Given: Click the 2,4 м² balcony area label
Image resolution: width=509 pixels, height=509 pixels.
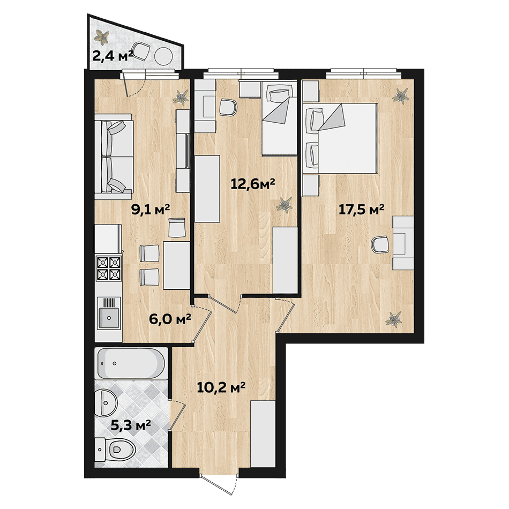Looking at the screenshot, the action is pos(113,56).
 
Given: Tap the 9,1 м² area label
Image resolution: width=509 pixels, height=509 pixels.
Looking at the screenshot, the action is pos(151,209).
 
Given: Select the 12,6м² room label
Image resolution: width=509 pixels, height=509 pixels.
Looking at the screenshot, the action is pos(253,184).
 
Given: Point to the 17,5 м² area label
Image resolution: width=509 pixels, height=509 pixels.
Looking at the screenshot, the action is pos(361,209).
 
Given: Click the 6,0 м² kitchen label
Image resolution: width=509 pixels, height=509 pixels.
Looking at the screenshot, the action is pos(169,319).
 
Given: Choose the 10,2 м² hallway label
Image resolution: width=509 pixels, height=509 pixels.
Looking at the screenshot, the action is pos(221,387).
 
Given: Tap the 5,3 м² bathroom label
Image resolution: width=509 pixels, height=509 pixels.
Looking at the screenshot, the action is pos(131,424).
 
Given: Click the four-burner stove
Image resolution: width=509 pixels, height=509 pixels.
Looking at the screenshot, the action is pos(109,268).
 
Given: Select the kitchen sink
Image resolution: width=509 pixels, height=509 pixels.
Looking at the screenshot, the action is pos(109,313).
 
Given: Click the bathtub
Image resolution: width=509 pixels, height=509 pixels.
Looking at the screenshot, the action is pos(131,364).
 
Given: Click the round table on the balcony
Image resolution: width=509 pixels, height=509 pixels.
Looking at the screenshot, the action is pos(163,56).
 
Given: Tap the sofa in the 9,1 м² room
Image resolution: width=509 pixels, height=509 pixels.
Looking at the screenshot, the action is pos(114,157).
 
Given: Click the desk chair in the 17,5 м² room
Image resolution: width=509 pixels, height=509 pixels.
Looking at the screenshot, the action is pos(380,244).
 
